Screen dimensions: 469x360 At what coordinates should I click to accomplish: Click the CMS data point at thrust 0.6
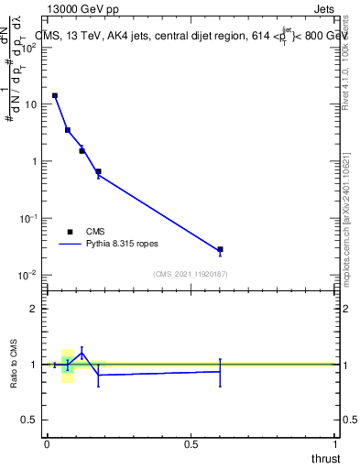pyautogui.click(x=220, y=249)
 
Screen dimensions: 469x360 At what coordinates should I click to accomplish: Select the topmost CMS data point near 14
pyautogui.click(x=55, y=95)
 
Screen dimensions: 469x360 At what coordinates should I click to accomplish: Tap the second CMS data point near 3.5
pyautogui.click(x=68, y=130)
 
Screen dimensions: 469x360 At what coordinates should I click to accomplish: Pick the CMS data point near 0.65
pyautogui.click(x=98, y=171)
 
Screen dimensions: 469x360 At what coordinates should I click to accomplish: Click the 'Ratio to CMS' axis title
pyautogui.click(x=15, y=364)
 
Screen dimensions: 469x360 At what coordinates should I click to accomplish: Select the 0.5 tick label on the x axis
pyautogui.click(x=191, y=444)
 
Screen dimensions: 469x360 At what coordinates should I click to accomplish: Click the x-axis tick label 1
pyautogui.click(x=335, y=444)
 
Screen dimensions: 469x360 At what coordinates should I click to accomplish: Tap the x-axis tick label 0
pyautogui.click(x=47, y=444)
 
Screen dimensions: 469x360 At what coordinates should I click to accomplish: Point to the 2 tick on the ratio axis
pyautogui.click(x=33, y=309)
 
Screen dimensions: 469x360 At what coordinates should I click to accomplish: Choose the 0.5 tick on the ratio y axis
pyautogui.click(x=29, y=420)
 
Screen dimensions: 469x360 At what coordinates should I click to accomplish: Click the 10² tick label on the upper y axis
pyautogui.click(x=27, y=48)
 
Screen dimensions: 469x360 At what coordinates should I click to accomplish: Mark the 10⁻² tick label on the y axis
pyautogui.click(x=27, y=275)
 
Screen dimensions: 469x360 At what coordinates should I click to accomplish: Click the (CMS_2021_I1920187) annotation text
pyautogui.click(x=191, y=274)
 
